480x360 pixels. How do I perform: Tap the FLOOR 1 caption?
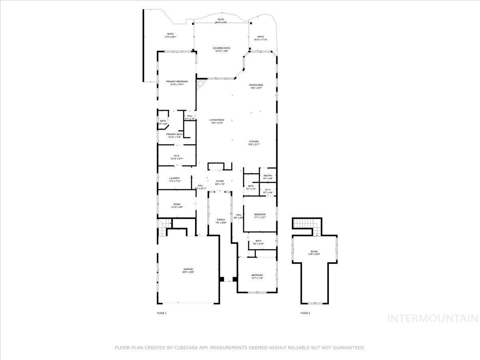point(162,313)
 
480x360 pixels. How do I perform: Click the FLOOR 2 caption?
point(305,313)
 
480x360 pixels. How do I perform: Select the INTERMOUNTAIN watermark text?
point(433,318)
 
